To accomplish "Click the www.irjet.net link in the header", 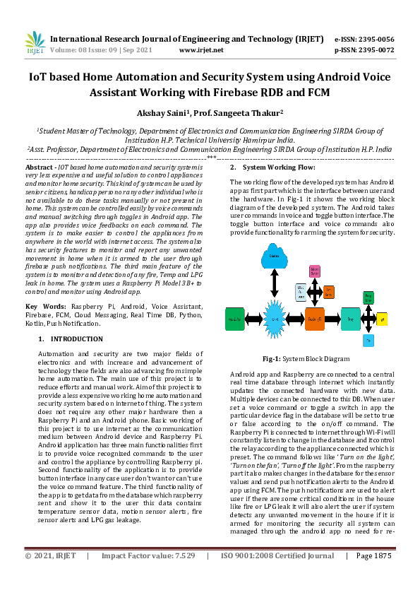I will [x=201, y=50].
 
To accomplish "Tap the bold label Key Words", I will [x=43, y=306].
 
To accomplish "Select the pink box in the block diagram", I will [x=316, y=271].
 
